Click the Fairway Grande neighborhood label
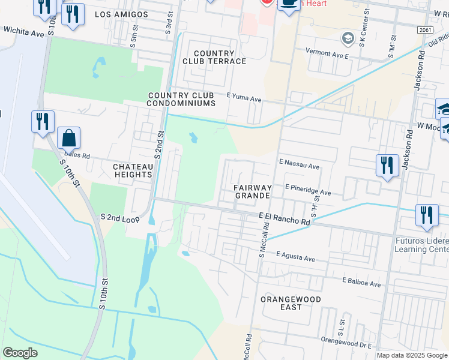[253, 192]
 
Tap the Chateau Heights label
[133, 170]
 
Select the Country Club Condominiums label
[181, 99]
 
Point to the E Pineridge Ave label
[308, 190]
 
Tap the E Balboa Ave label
[361, 282]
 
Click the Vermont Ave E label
[327, 55]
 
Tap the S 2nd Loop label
[120, 218]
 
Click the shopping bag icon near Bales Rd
[69, 138]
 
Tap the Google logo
[20, 353]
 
